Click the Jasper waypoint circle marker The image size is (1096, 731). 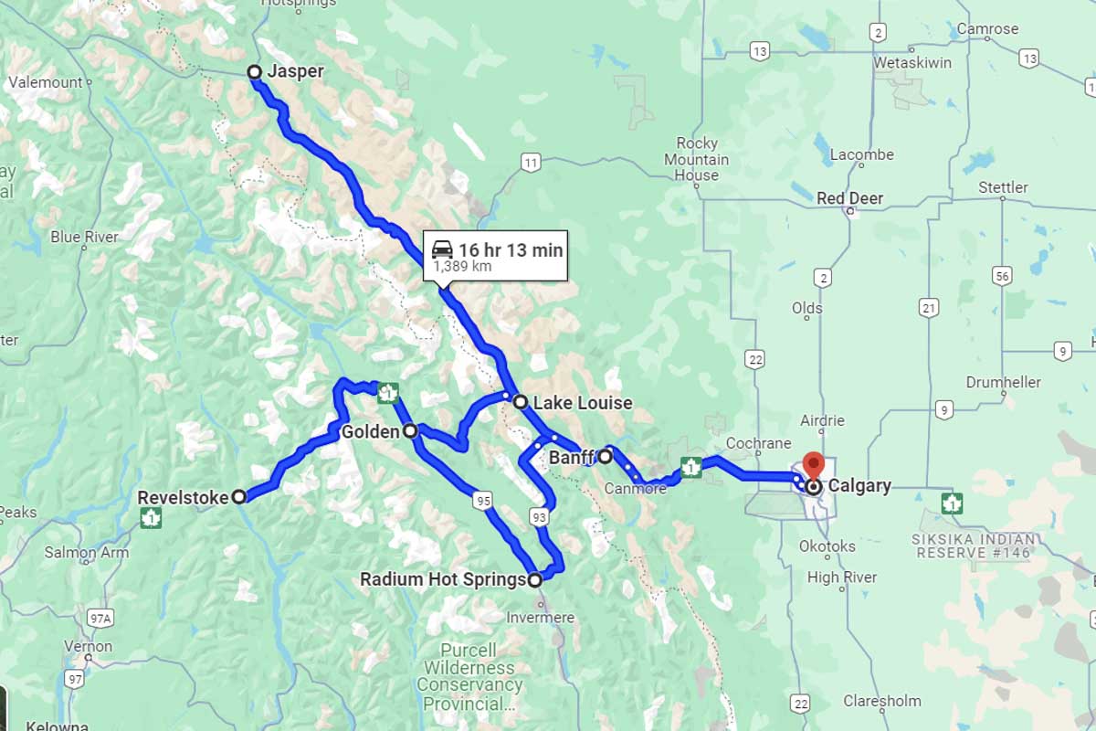(x=255, y=72)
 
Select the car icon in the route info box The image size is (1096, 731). (x=442, y=249)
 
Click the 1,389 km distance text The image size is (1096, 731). (x=462, y=267)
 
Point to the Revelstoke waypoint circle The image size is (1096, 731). (x=238, y=496)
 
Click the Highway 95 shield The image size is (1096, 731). (x=483, y=500)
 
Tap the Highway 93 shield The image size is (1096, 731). (x=540, y=518)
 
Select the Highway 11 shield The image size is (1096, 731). (x=531, y=163)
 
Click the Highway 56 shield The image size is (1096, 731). (x=1004, y=276)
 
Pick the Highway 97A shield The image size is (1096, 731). (x=100, y=619)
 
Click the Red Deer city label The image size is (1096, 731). (x=849, y=198)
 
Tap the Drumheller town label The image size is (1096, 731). (x=1004, y=382)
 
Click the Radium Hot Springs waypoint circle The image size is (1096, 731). (x=535, y=579)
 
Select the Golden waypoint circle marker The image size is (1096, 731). (x=410, y=430)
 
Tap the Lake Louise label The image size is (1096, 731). (x=582, y=403)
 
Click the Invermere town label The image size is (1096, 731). (x=541, y=618)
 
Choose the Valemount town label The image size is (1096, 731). (x=46, y=82)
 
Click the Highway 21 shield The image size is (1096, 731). (x=930, y=308)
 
